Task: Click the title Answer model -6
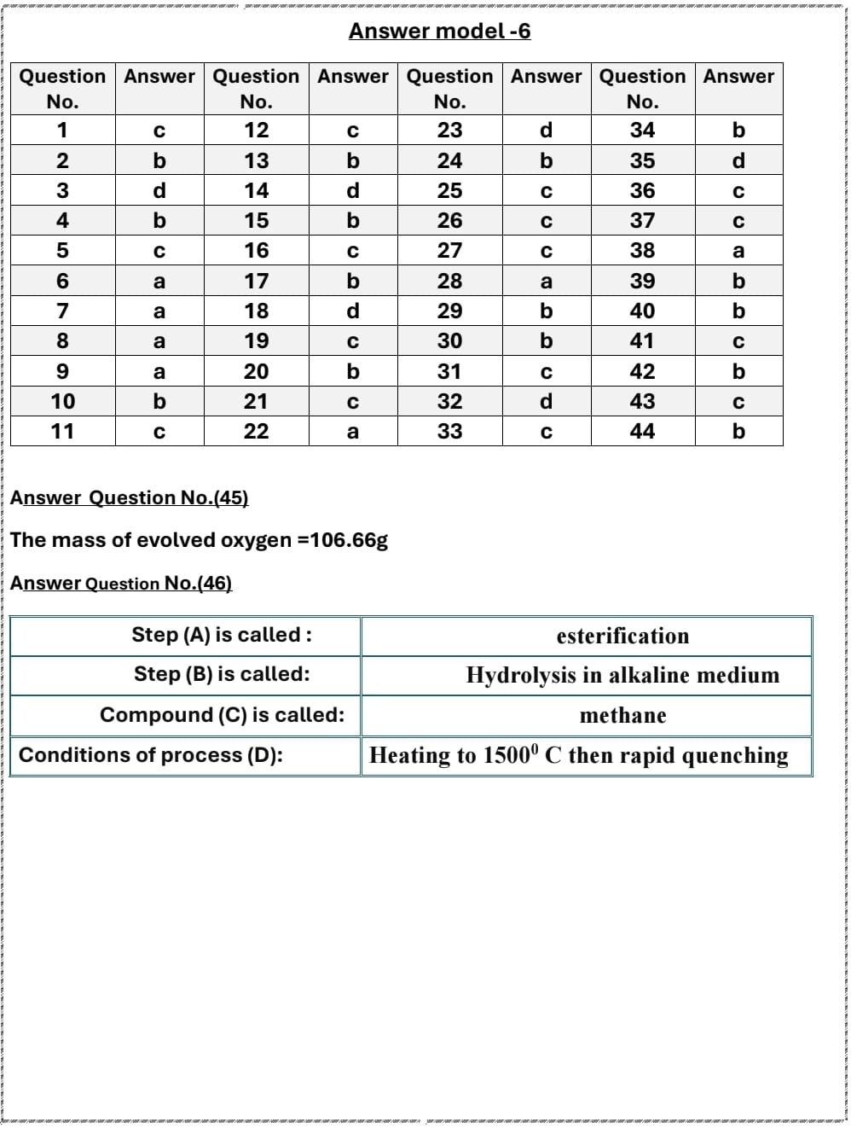(439, 32)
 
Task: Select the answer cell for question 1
(159, 131)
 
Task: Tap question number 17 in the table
(256, 281)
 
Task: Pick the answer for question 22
(352, 432)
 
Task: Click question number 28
(449, 281)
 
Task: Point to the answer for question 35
(738, 160)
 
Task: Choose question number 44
(642, 432)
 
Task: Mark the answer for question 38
(738, 251)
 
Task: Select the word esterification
(622, 637)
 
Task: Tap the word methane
(622, 716)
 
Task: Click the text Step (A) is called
(221, 635)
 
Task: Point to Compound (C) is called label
(222, 715)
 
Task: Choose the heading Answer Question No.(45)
(129, 497)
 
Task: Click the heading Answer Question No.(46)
(121, 584)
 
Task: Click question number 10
(62, 402)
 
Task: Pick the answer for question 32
(546, 402)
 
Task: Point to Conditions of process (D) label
(151, 755)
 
